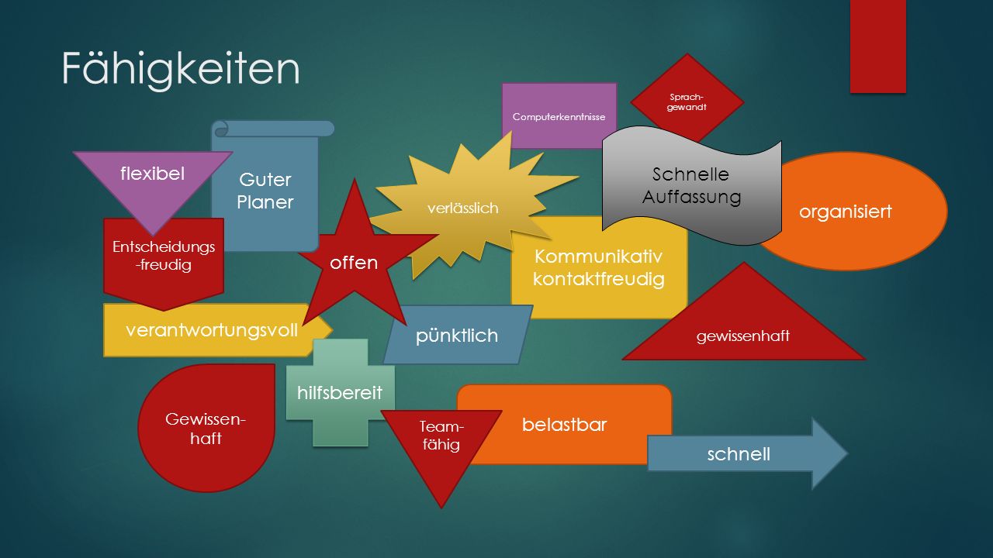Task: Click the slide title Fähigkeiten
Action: tap(181, 68)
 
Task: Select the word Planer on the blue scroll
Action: tap(265, 202)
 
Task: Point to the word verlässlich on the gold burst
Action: tap(463, 208)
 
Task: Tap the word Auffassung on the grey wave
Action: tap(691, 197)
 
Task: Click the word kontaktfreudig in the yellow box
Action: tap(598, 280)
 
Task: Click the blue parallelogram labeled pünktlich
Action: tap(458, 335)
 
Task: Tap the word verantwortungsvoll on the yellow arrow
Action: tap(212, 330)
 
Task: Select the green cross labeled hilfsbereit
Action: tap(341, 392)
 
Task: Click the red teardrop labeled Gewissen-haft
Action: tap(206, 428)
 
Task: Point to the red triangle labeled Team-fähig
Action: tap(441, 443)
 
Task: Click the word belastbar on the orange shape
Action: tap(564, 425)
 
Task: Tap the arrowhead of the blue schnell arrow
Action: tap(829, 453)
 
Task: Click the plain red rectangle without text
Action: tap(878, 46)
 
